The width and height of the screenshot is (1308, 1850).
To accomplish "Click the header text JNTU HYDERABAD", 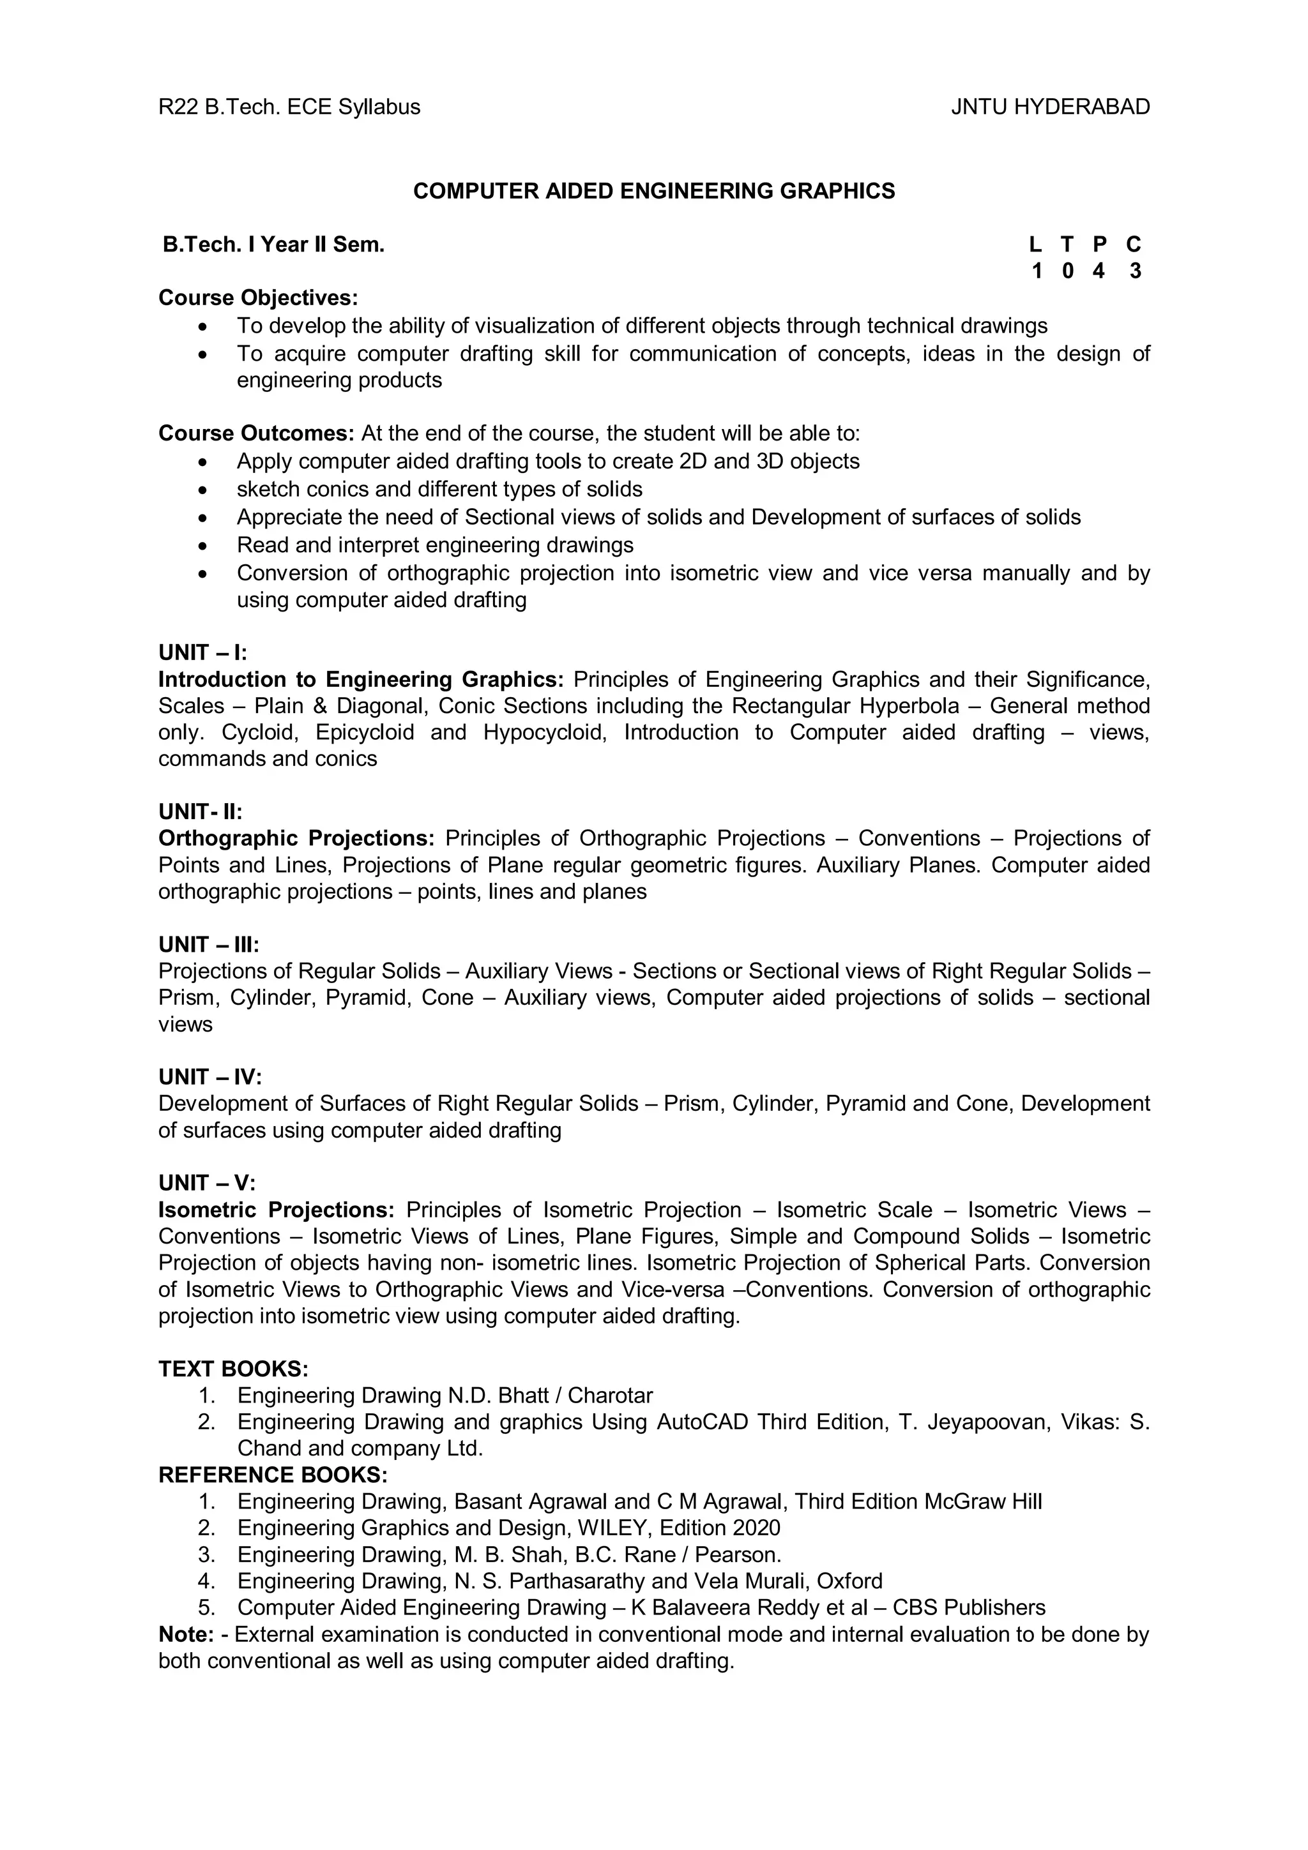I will (1049, 107).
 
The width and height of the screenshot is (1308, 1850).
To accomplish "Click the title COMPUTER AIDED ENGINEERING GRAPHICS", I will (653, 191).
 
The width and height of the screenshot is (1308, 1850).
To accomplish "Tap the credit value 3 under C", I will (1135, 271).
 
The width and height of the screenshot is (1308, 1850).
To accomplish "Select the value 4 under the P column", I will (1099, 271).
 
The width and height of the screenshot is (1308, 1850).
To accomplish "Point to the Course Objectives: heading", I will (258, 298).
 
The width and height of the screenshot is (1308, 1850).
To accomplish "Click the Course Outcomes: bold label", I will (256, 433).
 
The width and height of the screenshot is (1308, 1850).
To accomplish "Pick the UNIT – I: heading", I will (202, 652).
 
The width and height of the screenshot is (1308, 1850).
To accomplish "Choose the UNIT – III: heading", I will (209, 944).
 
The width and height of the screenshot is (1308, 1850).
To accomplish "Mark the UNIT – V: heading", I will (206, 1183).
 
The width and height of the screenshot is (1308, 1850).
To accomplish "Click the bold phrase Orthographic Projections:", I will (296, 839).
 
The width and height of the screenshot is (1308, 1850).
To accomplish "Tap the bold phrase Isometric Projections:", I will (276, 1210).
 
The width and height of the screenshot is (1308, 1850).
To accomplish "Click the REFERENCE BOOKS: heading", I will (273, 1475).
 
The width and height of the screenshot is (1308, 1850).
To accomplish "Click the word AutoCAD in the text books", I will (702, 1422).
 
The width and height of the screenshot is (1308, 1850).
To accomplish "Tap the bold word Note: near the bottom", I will (185, 1635).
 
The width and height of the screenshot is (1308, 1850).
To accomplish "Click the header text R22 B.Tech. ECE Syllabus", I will (289, 107).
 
